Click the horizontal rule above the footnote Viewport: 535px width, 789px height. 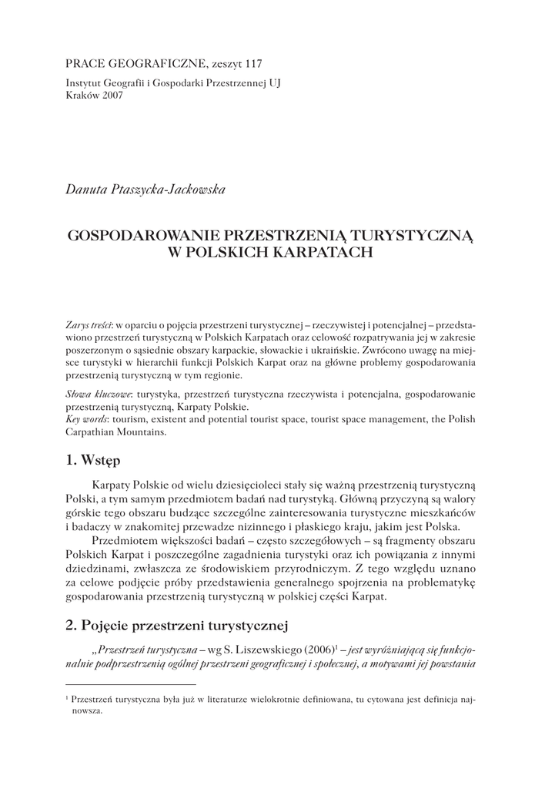click(x=131, y=683)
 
